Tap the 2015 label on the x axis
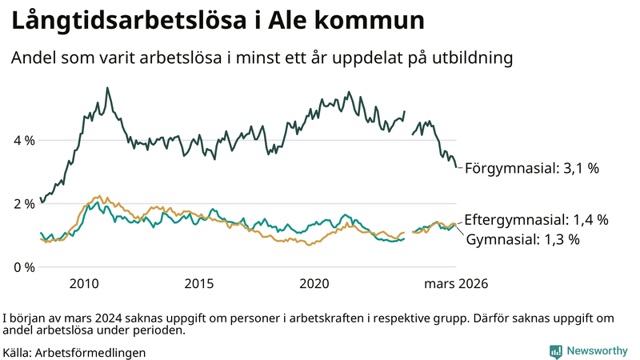click(x=199, y=284)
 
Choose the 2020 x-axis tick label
click(x=314, y=284)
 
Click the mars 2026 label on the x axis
click(x=455, y=284)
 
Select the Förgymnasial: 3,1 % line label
click(x=531, y=169)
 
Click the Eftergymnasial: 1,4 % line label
click(x=536, y=219)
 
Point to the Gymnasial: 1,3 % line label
click(x=522, y=239)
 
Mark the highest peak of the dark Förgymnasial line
click(x=108, y=88)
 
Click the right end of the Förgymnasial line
click(x=458, y=167)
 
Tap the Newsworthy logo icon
click(x=555, y=351)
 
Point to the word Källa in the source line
click(x=18, y=352)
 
